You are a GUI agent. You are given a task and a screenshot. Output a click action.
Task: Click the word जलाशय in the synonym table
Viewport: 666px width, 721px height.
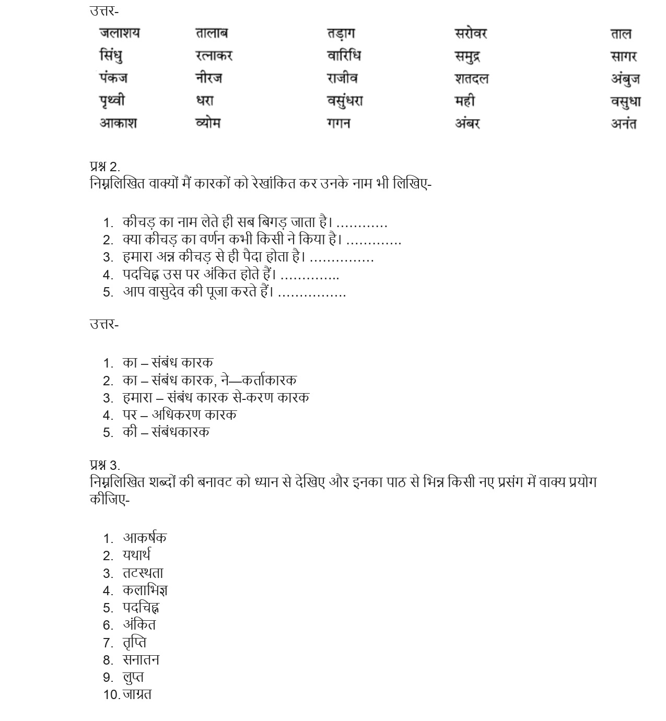pos(120,33)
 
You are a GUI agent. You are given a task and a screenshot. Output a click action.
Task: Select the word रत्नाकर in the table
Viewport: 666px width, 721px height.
pos(214,55)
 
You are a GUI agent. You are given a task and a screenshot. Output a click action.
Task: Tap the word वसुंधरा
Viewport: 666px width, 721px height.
pos(345,100)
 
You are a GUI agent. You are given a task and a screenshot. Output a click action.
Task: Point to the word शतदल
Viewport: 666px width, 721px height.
pos(471,78)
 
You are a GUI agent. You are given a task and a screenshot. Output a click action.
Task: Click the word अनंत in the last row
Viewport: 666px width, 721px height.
pos(624,124)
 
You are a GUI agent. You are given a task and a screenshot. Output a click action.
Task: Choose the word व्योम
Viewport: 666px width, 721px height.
pos(208,123)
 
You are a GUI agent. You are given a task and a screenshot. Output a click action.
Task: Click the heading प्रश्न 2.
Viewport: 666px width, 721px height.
pos(104,167)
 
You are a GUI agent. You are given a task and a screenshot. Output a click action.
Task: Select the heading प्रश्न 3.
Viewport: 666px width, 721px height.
pos(104,465)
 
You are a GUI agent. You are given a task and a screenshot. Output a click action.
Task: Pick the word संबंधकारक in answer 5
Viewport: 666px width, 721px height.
pos(180,432)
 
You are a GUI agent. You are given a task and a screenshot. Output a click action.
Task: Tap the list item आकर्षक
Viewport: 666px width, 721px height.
pos(145,538)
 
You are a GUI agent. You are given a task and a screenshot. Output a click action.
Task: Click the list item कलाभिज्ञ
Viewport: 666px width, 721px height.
pos(145,590)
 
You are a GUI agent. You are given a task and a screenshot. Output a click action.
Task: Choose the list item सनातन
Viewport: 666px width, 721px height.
pos(141,660)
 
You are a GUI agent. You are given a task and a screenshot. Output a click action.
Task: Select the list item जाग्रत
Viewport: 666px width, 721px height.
pos(137,694)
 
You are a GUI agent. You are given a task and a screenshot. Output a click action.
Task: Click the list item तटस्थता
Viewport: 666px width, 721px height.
pos(143,573)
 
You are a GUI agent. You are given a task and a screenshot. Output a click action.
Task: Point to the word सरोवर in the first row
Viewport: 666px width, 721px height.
pos(471,33)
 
